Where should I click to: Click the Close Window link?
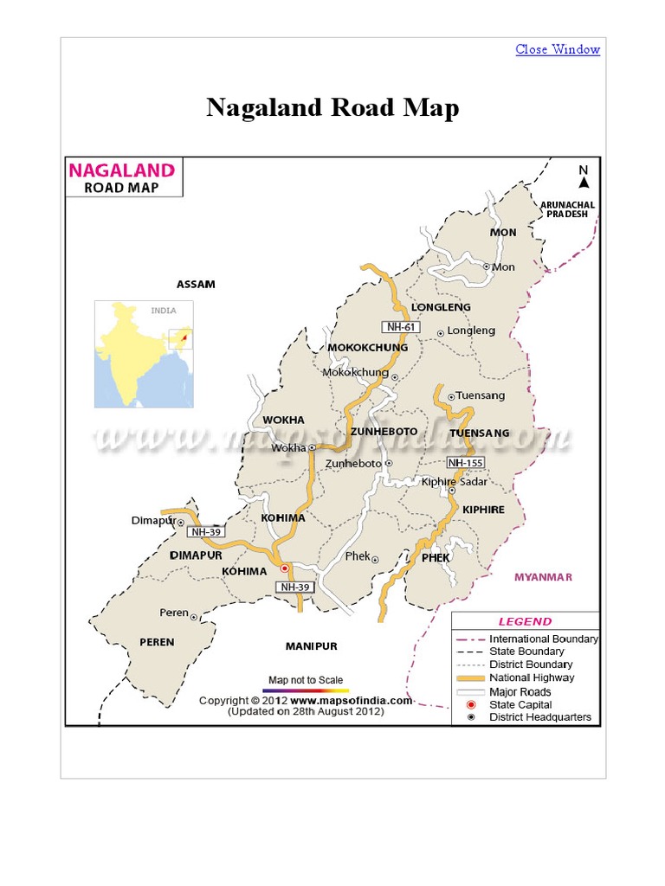[x=558, y=49]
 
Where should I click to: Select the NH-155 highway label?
[x=465, y=463]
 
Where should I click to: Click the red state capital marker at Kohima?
[x=284, y=568]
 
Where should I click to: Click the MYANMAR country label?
[x=543, y=576]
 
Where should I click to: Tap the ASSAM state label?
[x=196, y=284]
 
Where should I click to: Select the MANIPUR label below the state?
[x=311, y=645]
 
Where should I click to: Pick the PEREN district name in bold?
[x=157, y=642]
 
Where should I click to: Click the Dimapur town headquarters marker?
[x=180, y=522]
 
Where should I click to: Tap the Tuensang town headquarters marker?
[x=450, y=395]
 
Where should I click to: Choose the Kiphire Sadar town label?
[x=454, y=481]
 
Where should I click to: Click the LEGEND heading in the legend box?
[x=525, y=621]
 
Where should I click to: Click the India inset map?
[x=144, y=354]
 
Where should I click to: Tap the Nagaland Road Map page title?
[x=332, y=108]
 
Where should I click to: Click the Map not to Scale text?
[x=307, y=679]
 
